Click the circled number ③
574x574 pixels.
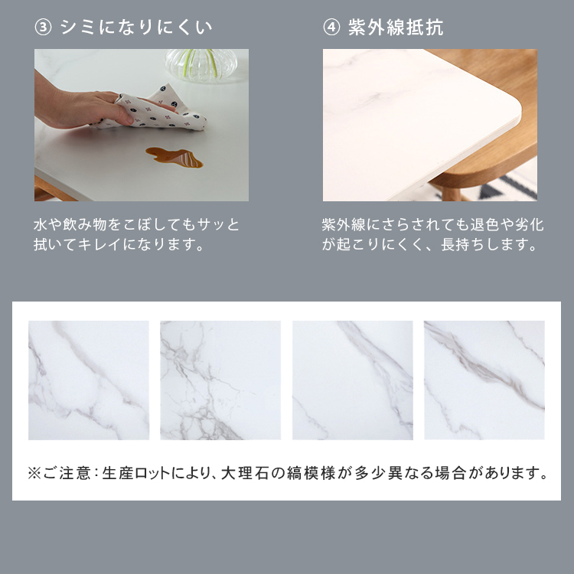(x=43, y=28)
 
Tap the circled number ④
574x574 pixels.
(x=331, y=28)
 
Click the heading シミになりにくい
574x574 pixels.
(x=136, y=28)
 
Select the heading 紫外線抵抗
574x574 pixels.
(x=396, y=28)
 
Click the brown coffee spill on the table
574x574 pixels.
(x=174, y=157)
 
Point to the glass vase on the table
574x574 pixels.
(x=201, y=65)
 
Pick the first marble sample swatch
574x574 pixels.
(x=89, y=380)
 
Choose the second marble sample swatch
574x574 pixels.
(x=220, y=380)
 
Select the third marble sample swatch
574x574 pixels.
(x=353, y=380)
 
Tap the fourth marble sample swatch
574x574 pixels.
(x=484, y=380)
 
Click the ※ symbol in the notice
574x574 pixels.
(x=34, y=473)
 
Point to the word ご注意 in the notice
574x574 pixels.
(x=67, y=473)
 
